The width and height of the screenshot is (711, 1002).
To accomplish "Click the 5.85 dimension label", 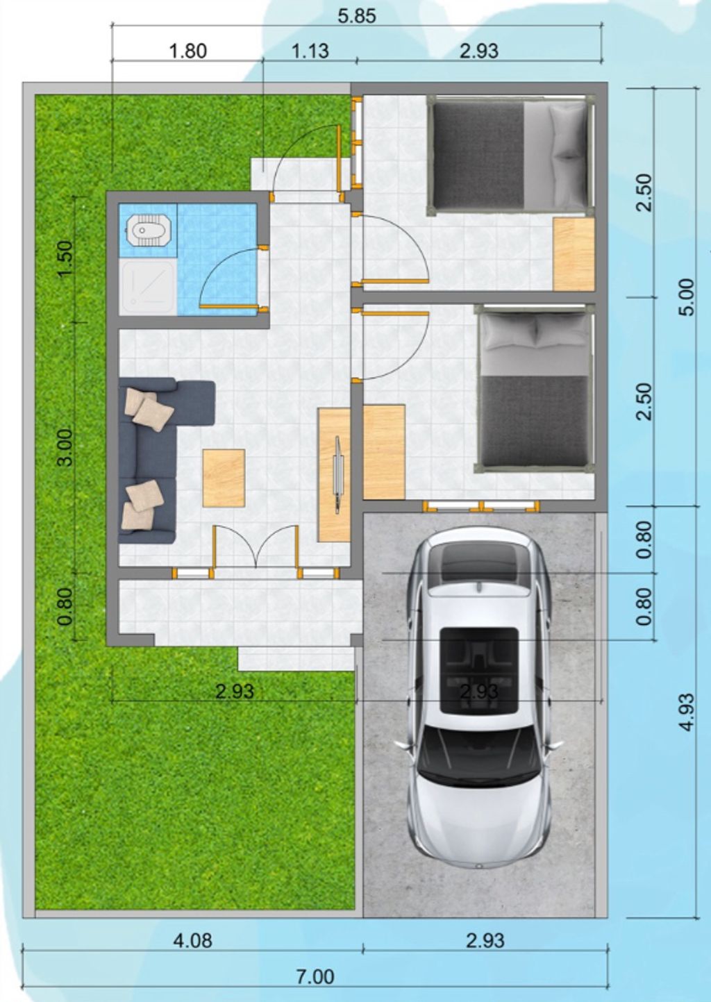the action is (x=356, y=16).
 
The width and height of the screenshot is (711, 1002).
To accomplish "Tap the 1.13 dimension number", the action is (x=310, y=51).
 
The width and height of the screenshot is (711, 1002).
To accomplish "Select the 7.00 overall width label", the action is (x=316, y=976).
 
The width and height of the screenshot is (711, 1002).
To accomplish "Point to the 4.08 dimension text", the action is (x=193, y=941).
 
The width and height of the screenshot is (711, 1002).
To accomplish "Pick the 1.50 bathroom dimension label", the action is (x=65, y=260).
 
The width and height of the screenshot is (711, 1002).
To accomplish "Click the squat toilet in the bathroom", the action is (x=146, y=231).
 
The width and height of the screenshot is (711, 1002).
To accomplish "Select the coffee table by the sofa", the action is (x=224, y=478).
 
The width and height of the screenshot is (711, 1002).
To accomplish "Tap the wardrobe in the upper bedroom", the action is (x=574, y=255).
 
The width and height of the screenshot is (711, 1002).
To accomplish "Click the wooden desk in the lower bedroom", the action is (x=384, y=452).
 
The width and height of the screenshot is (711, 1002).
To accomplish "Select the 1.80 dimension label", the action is (x=187, y=51).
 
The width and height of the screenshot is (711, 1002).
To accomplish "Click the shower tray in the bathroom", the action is (x=148, y=287).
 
